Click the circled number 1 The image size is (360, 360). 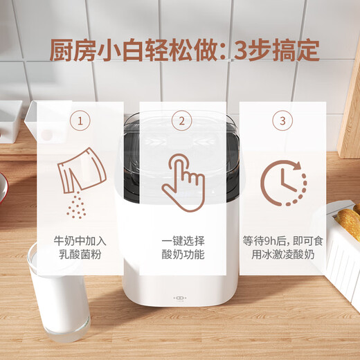[81, 122]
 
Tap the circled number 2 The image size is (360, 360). [182, 122]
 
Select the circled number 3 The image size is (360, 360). [282, 122]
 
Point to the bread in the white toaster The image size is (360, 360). [348, 222]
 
